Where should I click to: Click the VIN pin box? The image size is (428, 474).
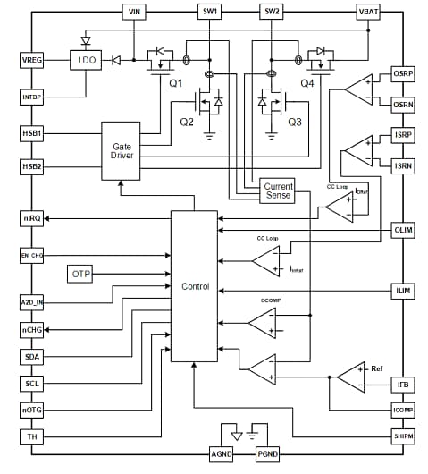coord(135,11)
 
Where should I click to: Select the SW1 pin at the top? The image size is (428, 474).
coord(210,11)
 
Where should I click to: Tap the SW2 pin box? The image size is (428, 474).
coord(272,11)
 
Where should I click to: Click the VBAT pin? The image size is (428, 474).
coord(368,11)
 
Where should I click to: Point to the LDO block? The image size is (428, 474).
coord(87,60)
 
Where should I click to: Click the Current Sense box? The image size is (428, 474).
coord(278,190)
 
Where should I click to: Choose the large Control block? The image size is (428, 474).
coord(194,286)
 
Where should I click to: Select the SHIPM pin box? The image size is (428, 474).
coord(403,436)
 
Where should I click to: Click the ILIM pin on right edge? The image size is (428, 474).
coord(403,291)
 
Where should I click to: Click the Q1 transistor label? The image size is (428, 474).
coord(174,83)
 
